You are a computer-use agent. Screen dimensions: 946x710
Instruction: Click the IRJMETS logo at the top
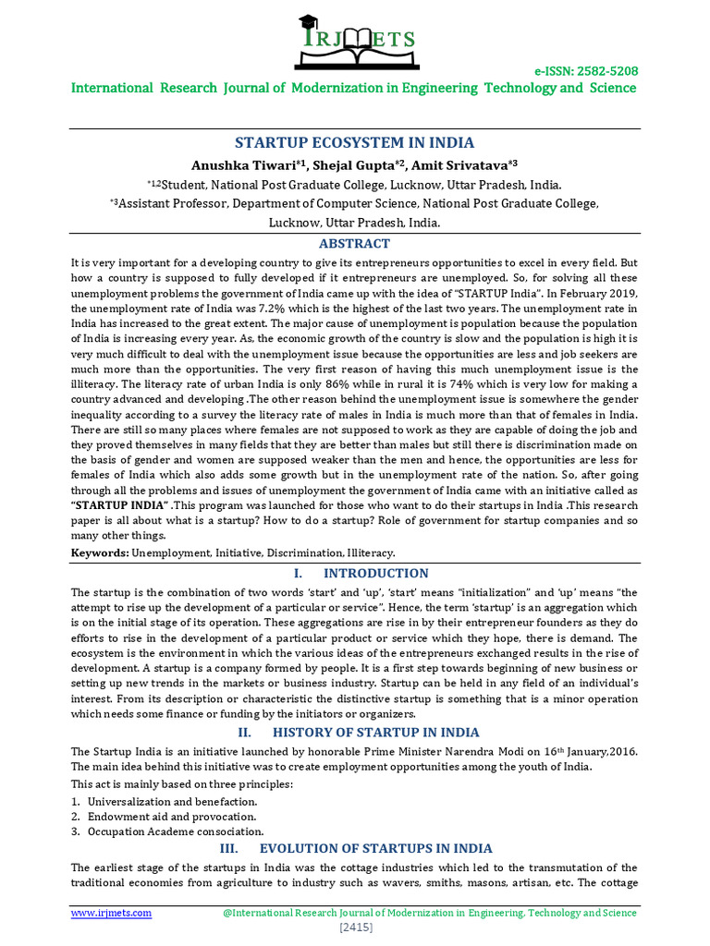point(355,38)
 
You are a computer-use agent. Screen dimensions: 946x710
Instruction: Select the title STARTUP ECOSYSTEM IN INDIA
point(355,142)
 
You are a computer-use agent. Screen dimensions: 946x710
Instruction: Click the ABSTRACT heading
point(355,244)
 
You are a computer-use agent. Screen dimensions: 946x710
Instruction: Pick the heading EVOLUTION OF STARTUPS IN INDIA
point(376,848)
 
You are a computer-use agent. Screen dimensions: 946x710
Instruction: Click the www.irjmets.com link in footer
point(112,913)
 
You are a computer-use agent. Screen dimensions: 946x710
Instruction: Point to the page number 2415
point(355,927)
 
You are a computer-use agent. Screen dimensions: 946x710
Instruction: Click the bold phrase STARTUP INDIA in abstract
point(120,505)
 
